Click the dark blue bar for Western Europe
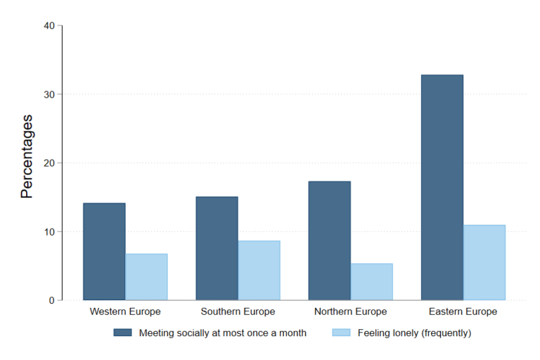(x=104, y=252)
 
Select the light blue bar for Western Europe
(x=146, y=277)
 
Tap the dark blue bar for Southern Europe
(x=217, y=248)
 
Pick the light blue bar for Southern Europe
(x=259, y=271)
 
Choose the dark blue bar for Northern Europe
(x=329, y=240)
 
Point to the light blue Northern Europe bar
(x=371, y=282)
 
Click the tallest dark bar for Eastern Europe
(x=442, y=187)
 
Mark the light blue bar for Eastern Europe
(x=484, y=262)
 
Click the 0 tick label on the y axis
(x=51, y=301)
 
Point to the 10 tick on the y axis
(x=49, y=232)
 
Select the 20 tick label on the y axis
(x=49, y=163)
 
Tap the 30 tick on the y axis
(x=49, y=94)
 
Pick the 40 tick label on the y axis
(x=49, y=26)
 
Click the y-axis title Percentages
(x=27, y=156)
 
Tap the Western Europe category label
(x=125, y=311)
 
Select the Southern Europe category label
(x=238, y=311)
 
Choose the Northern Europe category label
(x=350, y=311)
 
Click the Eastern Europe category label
(x=463, y=311)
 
